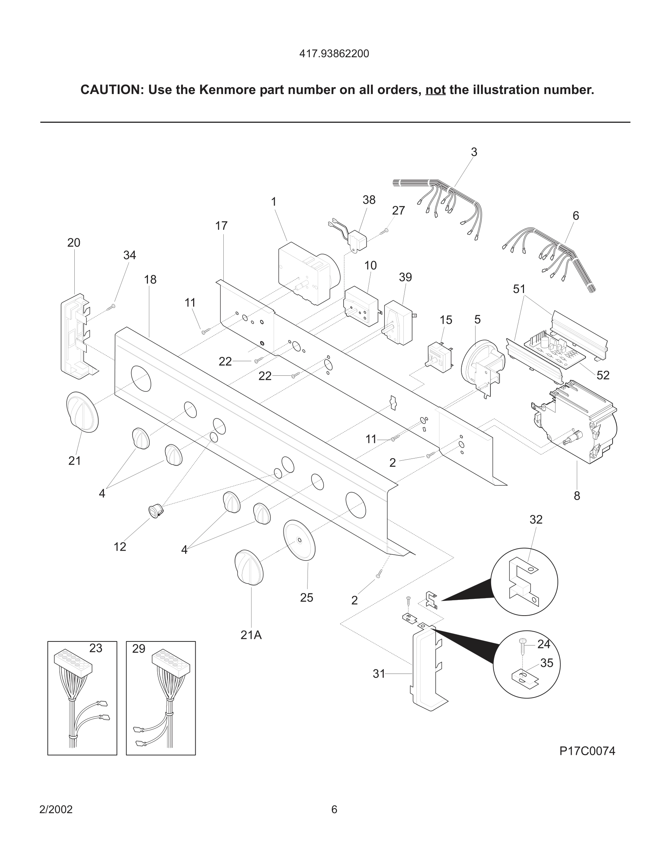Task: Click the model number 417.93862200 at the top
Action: point(334,54)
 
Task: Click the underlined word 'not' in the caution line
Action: point(435,90)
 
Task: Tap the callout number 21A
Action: point(251,635)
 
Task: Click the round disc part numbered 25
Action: point(299,540)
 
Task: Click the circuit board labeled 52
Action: point(555,348)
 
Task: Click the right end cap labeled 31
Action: point(426,670)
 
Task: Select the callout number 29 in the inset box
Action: point(139,649)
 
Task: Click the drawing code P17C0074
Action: point(587,751)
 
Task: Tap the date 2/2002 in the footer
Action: point(56,809)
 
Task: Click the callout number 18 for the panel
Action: point(150,280)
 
